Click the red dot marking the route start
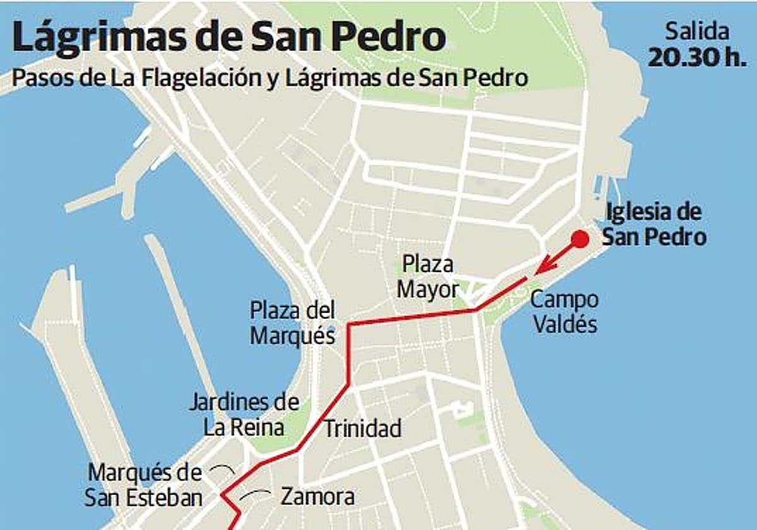(x=580, y=239)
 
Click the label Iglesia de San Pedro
(x=654, y=225)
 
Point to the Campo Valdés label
(x=565, y=312)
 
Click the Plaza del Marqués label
(x=293, y=323)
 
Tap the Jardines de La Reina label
(x=244, y=415)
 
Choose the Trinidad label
(x=363, y=429)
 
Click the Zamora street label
(x=317, y=497)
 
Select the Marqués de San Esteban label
(x=145, y=485)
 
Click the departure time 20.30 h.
(x=697, y=58)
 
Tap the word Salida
(x=697, y=32)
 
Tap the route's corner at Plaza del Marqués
(x=349, y=324)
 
